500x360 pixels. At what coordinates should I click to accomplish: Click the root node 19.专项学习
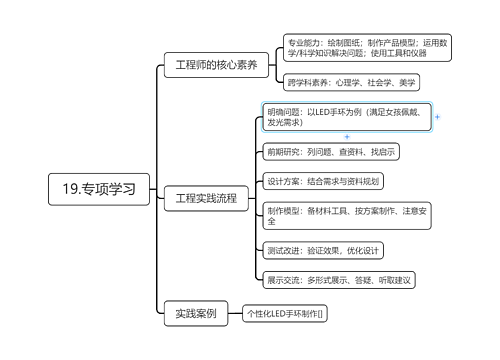pos(99,187)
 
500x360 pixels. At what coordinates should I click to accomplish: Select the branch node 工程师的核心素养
pos(216,65)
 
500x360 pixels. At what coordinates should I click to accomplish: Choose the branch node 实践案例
pos(196,313)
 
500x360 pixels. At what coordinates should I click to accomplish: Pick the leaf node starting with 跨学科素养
pos(350,82)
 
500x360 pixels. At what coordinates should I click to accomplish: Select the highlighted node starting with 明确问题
pos(347,117)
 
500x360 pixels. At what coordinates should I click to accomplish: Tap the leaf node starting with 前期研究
pos(331,152)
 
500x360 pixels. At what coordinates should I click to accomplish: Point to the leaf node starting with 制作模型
pos(347,215)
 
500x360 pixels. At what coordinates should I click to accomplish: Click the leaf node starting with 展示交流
pos(339,279)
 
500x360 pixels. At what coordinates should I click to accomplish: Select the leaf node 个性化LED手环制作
pos(286,313)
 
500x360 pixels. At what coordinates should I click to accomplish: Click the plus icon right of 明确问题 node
pos(438,117)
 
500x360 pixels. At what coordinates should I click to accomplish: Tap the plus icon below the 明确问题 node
pos(347,136)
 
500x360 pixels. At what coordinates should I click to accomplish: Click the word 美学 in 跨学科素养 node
pos(409,82)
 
